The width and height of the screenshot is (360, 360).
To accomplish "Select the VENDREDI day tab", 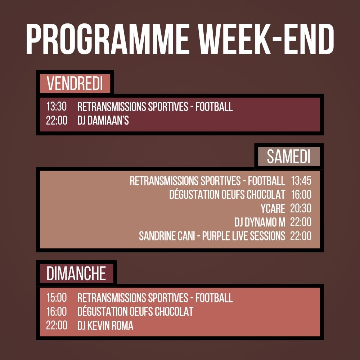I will click(75, 84).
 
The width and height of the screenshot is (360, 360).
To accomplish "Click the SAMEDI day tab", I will click(288, 157).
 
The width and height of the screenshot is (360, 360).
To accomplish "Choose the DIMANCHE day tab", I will click(76, 273).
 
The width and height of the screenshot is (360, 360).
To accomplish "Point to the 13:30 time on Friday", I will click(57, 107).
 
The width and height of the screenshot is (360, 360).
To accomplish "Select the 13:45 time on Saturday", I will click(301, 181).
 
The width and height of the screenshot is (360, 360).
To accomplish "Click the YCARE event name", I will click(273, 208).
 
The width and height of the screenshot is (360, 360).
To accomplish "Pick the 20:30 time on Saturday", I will click(301, 208).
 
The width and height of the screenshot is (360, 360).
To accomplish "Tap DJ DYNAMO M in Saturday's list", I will click(260, 222).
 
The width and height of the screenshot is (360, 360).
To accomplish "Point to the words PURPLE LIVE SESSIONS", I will click(244, 236).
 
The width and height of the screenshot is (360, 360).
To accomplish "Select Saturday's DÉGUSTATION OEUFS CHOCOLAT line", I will click(227, 195).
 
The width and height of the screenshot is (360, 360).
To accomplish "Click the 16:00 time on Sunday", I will click(57, 311).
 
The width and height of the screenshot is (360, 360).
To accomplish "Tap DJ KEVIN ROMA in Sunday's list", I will click(105, 325).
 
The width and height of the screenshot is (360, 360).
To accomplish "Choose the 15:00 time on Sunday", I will click(57, 298).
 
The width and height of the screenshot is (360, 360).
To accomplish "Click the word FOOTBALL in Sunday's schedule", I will click(214, 298).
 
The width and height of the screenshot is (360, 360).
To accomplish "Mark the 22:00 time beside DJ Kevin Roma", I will click(57, 325).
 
